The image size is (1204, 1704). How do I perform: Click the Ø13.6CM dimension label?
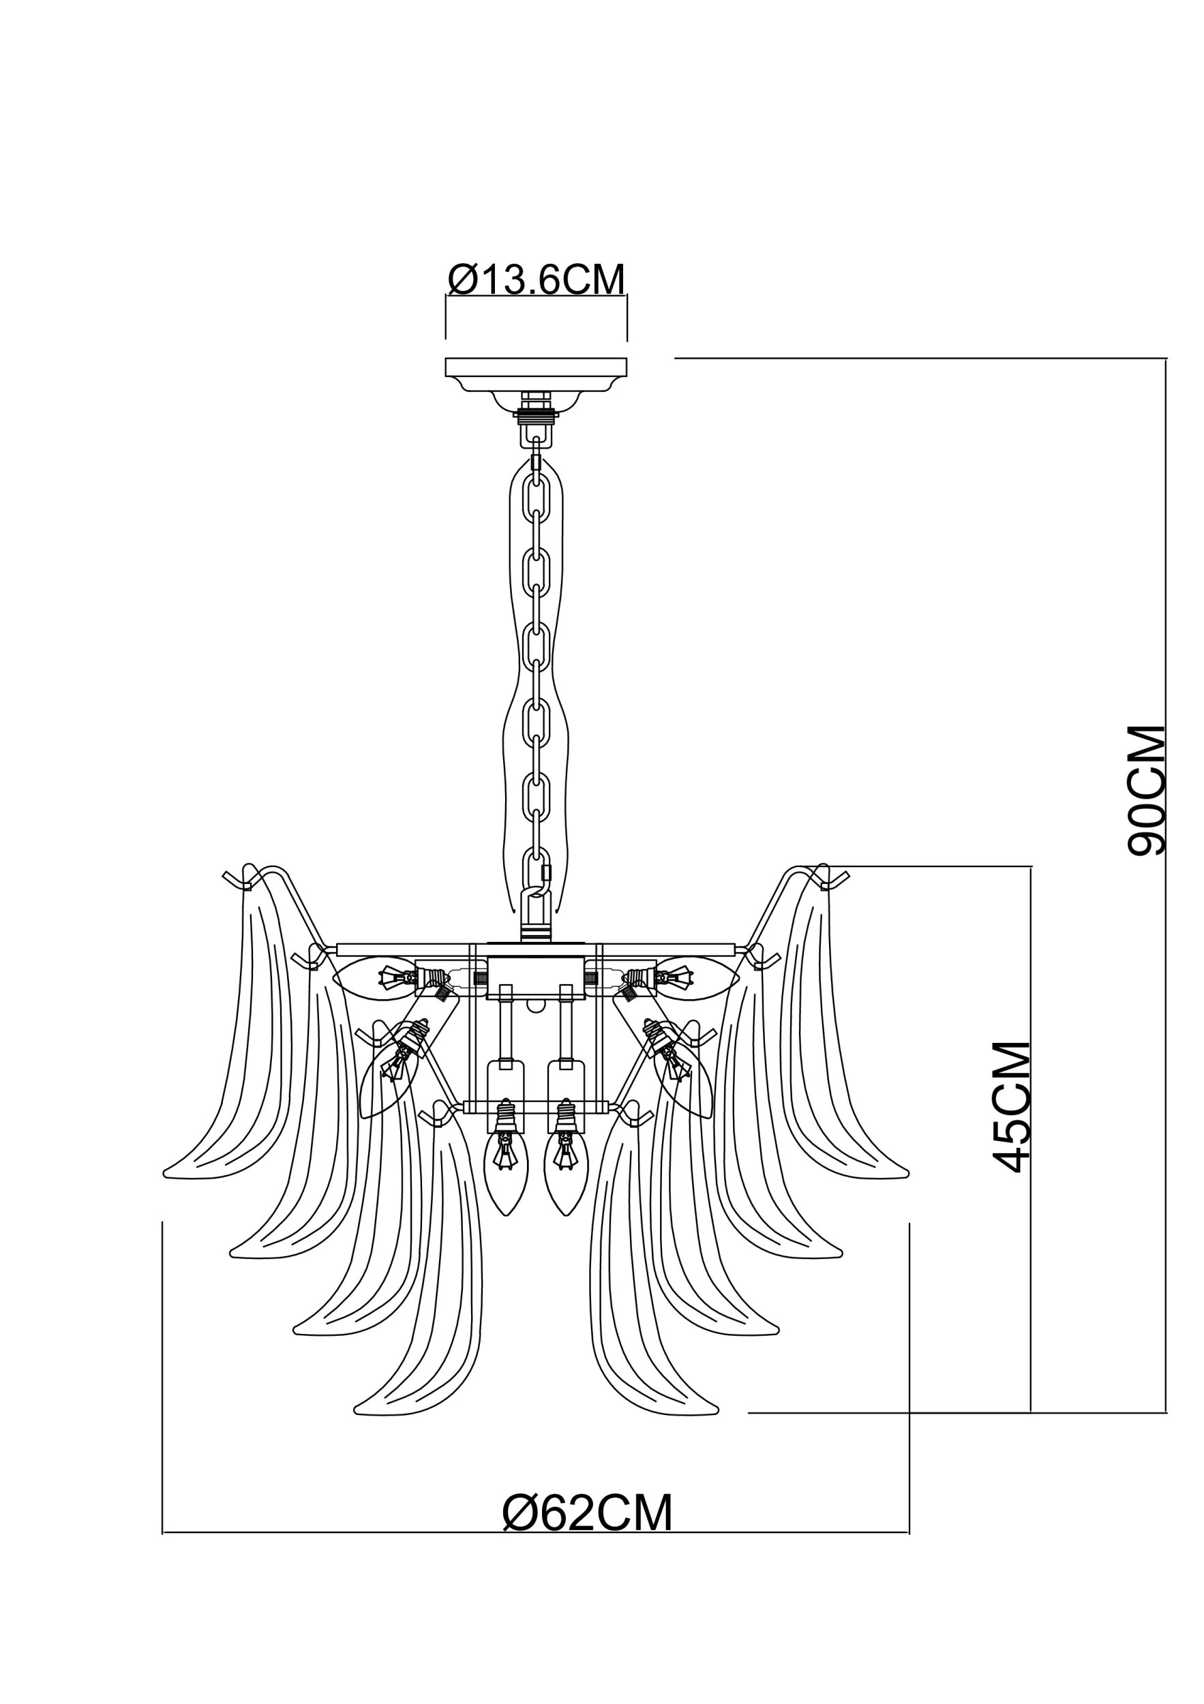pos(537,279)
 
